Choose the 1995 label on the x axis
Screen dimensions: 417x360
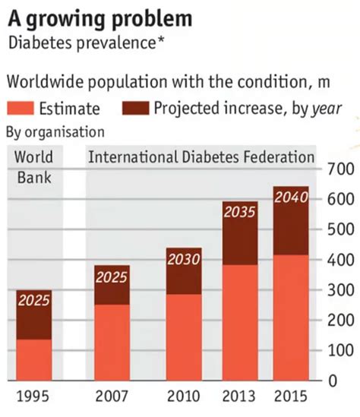point(33,397)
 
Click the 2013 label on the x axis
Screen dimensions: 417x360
point(239,397)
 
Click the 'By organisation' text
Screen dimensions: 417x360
point(55,132)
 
